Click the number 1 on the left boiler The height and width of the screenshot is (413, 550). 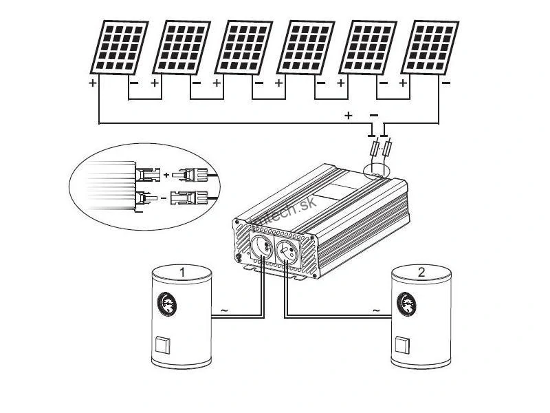point(182,273)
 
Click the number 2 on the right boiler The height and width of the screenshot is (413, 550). point(421,272)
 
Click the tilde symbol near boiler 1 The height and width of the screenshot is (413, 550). point(225,311)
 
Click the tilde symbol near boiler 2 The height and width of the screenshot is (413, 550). point(375,311)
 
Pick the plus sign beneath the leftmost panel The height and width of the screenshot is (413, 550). point(92,83)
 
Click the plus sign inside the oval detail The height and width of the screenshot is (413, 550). point(166,176)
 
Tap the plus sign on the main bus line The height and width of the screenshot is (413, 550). point(349,115)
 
